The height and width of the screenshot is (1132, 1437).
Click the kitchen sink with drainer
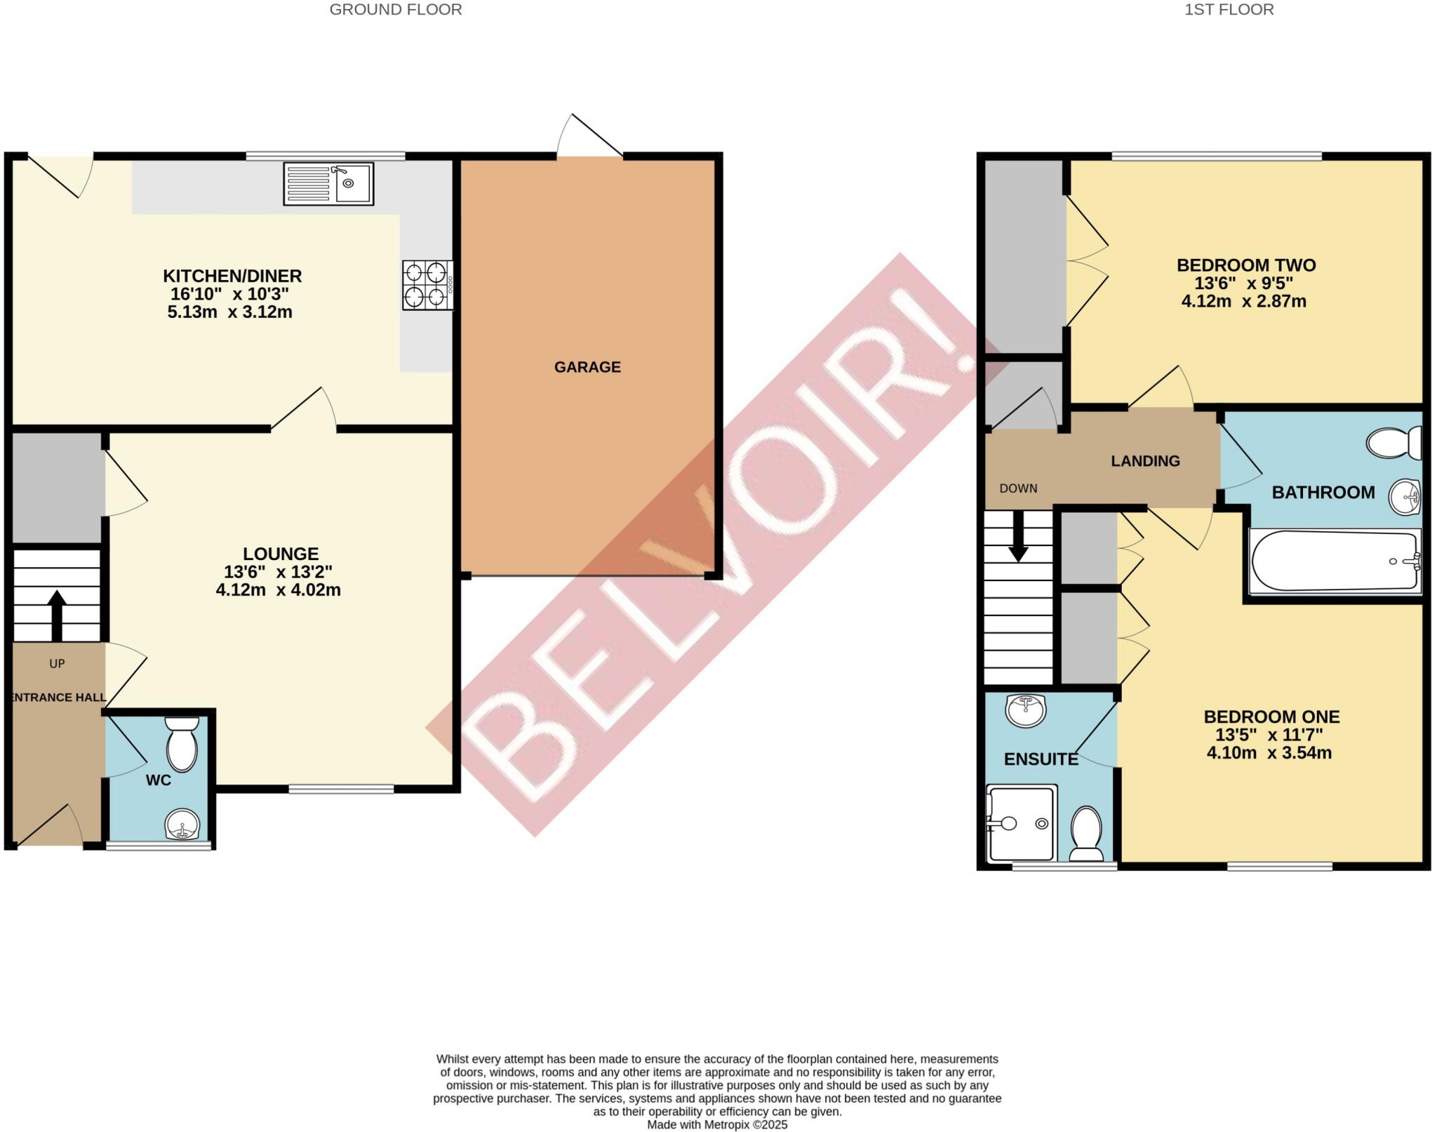pos(328,184)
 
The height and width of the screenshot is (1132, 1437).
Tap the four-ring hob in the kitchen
pos(427,285)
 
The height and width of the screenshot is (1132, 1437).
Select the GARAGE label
pos(587,367)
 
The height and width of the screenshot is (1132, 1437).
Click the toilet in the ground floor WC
pos(182,745)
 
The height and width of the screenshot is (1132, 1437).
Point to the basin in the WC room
pos(182,824)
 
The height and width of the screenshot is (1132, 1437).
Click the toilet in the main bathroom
pos(1393,443)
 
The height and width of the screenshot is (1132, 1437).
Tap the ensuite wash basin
pos(1026,710)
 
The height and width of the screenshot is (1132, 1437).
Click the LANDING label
pos(1145,461)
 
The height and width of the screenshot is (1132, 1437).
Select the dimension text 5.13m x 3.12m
pos(229,312)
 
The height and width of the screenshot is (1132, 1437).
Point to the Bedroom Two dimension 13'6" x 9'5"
pos(1243,284)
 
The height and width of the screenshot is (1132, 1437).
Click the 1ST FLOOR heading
pos(1229,10)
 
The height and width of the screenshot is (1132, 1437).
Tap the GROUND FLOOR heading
pos(396,10)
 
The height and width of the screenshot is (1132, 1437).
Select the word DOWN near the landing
pos(1018,488)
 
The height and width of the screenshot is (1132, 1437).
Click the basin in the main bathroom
pos(1405,496)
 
